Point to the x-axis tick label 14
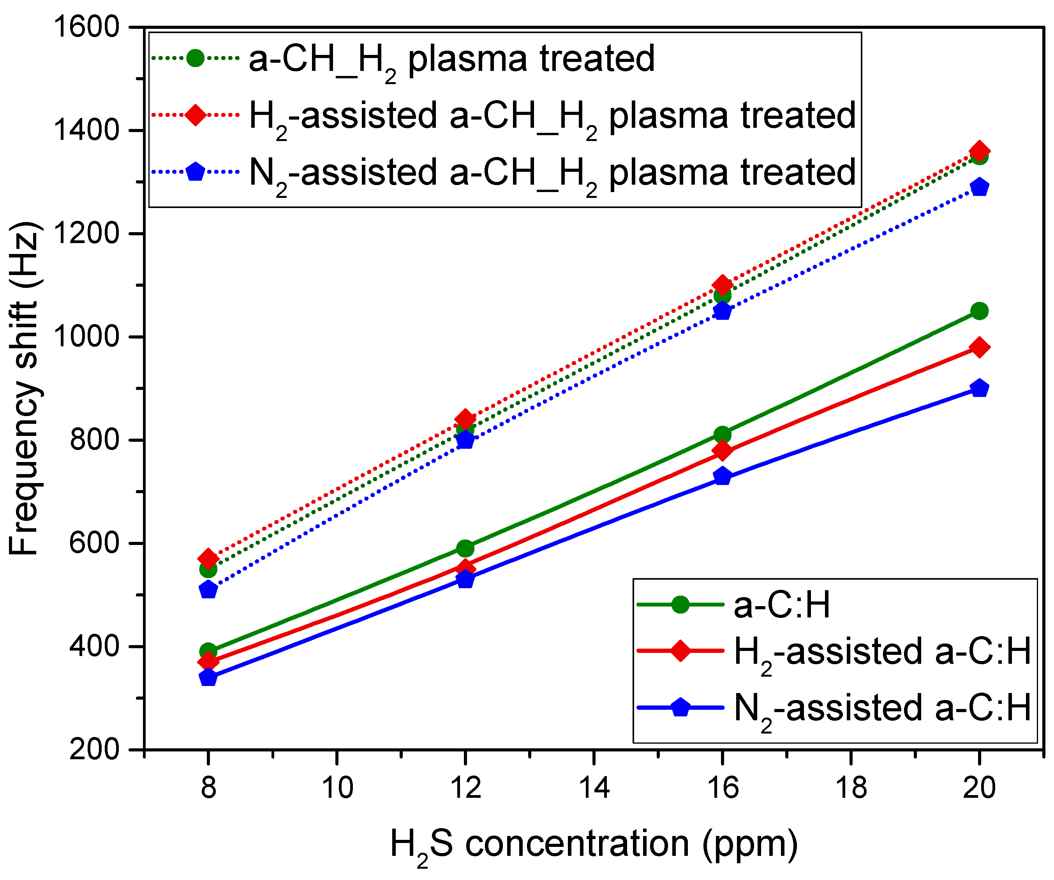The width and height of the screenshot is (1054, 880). point(594,787)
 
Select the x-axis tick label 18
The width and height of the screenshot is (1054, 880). point(851,787)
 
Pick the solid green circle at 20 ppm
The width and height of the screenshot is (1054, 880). point(979,311)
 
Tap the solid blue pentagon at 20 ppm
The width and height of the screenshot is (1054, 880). point(979,388)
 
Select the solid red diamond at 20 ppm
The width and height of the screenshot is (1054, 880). point(979,347)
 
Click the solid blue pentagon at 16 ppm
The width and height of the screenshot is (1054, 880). point(722,476)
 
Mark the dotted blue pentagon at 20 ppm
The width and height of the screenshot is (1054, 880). point(979,188)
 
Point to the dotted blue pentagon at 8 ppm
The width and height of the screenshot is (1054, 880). point(208,590)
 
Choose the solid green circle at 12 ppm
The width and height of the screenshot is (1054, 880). point(465,548)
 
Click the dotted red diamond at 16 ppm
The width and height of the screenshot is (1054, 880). point(722,285)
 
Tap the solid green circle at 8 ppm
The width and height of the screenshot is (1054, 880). point(208,652)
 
